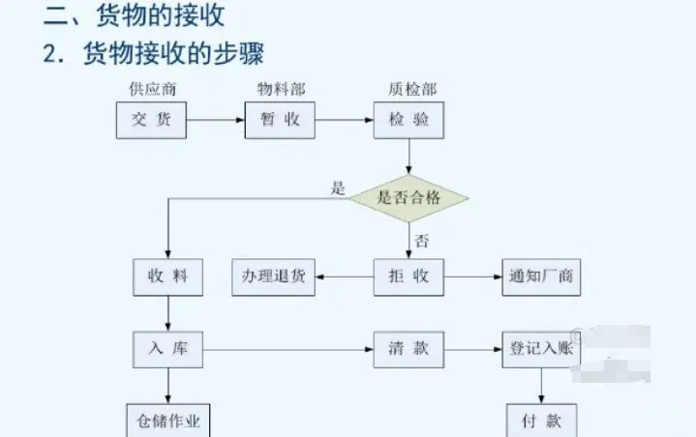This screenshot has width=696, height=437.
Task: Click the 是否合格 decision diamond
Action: point(409,198)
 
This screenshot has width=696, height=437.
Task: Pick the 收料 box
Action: point(168,277)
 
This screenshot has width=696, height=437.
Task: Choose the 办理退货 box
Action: point(273,277)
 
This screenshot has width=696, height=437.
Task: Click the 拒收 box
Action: point(409,277)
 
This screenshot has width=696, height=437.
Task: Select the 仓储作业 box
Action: point(168,422)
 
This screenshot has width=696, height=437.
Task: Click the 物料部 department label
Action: point(281,89)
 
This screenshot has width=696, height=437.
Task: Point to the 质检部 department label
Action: point(411,89)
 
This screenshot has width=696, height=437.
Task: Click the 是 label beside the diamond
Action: point(339,189)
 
